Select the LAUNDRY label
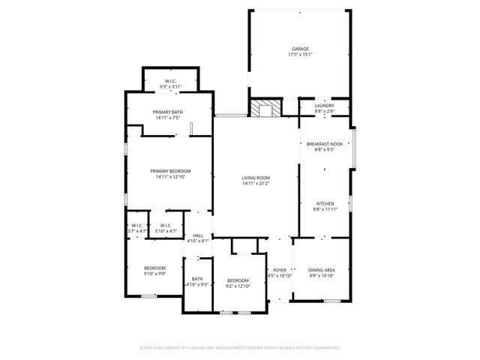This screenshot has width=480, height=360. tap(325, 106)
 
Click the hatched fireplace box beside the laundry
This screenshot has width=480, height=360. tap(264, 109)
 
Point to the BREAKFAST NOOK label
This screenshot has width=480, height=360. tap(325, 144)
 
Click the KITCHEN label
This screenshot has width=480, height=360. tap(325, 203)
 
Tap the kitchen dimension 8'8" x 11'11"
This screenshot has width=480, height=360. tap(325, 209)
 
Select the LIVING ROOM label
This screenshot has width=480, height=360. tap(256, 178)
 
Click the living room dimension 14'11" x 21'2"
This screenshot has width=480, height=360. tap(256, 184)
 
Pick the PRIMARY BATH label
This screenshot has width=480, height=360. tap(168, 112)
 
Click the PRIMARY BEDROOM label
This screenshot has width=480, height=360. tap(170, 171)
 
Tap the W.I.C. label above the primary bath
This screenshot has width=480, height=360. tap(170, 81)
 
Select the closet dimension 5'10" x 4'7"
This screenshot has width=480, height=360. tap(164, 231)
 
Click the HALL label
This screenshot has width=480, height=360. tap(198, 235)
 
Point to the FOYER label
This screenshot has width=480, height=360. tap(280, 270)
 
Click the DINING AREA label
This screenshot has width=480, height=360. tap(322, 270)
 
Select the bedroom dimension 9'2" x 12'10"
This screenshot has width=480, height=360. tap(237, 286)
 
